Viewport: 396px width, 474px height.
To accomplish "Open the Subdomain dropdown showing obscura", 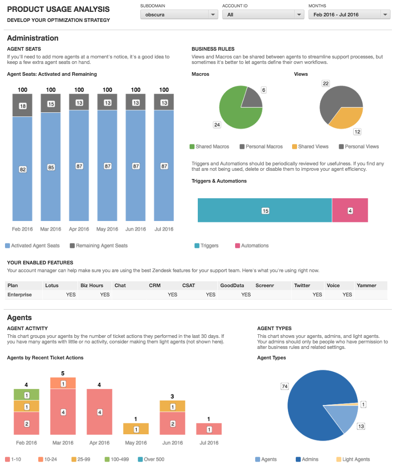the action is (179, 15).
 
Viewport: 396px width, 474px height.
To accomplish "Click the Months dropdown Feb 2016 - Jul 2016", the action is (349, 15).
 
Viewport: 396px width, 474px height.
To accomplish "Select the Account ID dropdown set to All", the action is (263, 15).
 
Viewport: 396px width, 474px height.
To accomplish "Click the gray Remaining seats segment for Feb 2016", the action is (22, 105).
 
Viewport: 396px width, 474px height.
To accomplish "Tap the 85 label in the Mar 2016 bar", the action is (51, 167).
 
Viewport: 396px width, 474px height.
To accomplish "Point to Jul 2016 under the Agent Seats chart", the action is (164, 229).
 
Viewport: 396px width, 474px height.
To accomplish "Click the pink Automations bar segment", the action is (350, 211).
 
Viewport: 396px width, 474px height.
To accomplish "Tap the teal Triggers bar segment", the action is (265, 211).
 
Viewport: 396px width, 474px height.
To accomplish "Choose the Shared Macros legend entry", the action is (209, 147).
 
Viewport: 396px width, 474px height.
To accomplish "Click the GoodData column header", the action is (232, 285).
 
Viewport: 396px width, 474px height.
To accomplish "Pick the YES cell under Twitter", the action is (317, 295).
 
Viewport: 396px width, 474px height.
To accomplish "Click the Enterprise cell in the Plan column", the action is (20, 295).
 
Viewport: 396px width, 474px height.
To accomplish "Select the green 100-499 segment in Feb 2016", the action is (26, 395).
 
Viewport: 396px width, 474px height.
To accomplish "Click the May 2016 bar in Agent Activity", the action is (136, 429).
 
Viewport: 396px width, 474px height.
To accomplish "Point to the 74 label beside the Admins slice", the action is (285, 386).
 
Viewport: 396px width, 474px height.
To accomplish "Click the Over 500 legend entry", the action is (151, 459).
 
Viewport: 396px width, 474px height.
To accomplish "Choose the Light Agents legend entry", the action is (353, 459).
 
